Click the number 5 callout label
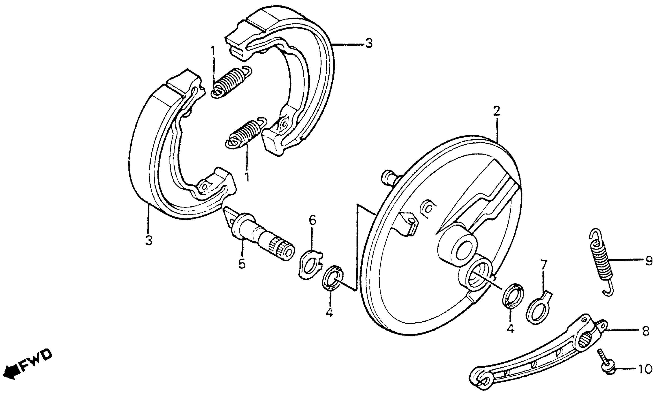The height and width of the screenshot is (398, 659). (242, 264)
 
